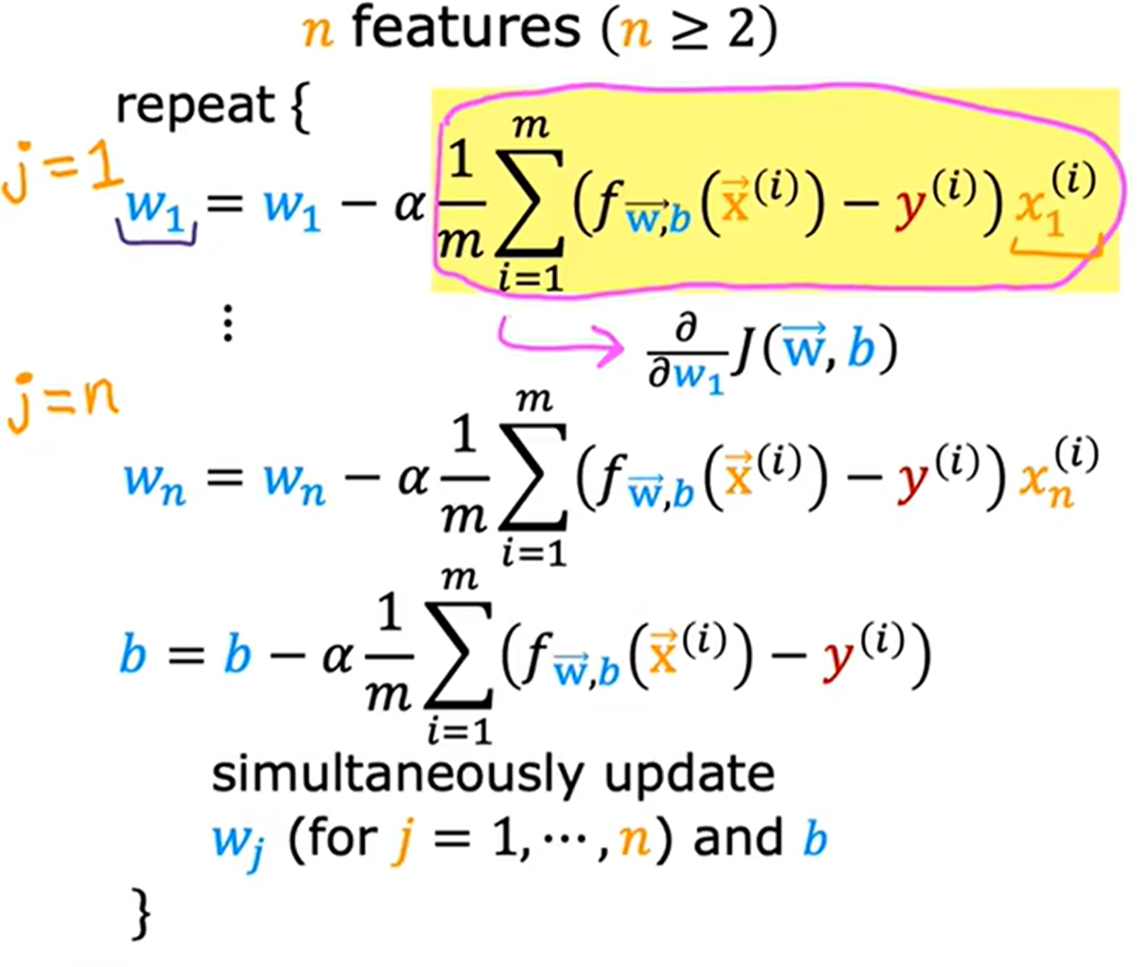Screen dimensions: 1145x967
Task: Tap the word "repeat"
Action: click(x=196, y=106)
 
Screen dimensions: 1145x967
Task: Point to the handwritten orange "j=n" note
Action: click(x=62, y=402)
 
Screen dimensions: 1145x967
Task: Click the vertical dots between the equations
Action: click(x=228, y=323)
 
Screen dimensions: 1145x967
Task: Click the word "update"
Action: click(x=689, y=777)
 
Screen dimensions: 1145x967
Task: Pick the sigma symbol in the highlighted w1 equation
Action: click(x=529, y=204)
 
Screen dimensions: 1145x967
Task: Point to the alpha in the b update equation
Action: click(x=337, y=656)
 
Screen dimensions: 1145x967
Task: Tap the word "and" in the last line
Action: click(x=738, y=838)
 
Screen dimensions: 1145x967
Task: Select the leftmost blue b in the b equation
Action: click(x=132, y=653)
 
